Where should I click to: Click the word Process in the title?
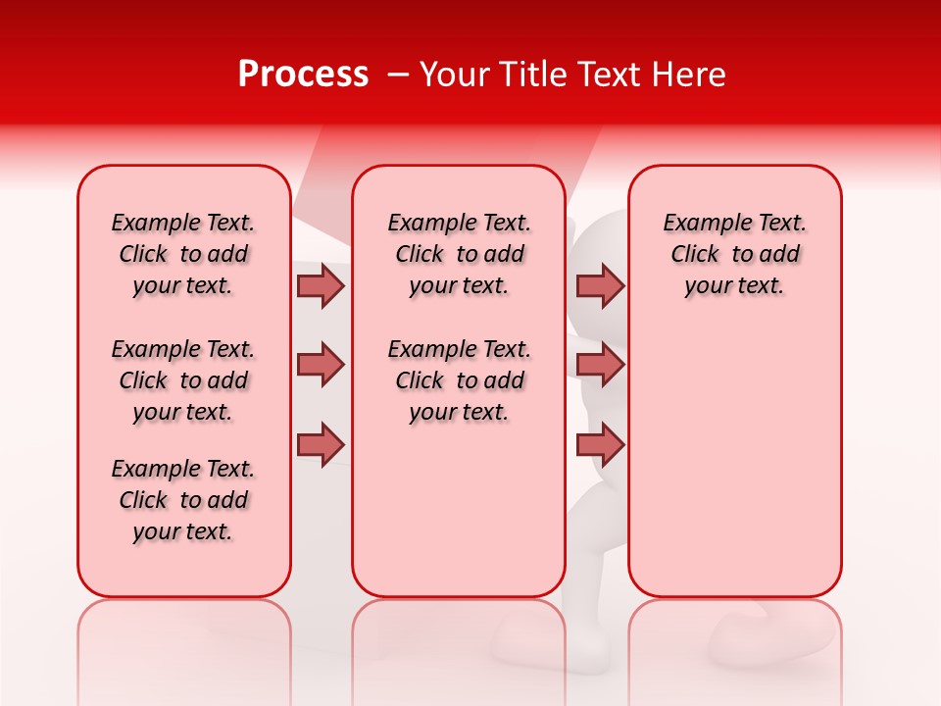click(303, 75)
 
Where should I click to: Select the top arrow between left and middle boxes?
click(321, 285)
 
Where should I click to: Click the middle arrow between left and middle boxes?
click(321, 365)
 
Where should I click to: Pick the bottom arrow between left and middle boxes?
click(321, 444)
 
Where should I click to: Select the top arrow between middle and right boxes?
click(600, 285)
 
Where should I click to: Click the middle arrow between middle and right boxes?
click(600, 365)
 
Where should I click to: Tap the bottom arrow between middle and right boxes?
click(600, 444)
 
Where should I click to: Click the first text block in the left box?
click(183, 254)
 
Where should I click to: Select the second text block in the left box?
click(183, 380)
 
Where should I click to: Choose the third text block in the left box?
click(183, 500)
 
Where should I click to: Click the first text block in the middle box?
click(459, 254)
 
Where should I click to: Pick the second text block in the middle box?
click(459, 380)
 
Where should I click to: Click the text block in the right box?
click(734, 254)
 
